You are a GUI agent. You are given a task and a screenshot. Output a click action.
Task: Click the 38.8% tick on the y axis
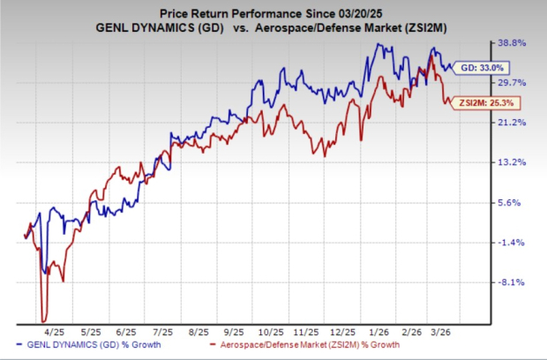tap(514, 42)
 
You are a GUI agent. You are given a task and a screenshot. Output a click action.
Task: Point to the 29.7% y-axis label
tap(514, 82)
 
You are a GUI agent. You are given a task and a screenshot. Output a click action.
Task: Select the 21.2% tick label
tap(514, 123)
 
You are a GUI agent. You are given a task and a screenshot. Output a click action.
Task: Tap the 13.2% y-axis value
tap(514, 162)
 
